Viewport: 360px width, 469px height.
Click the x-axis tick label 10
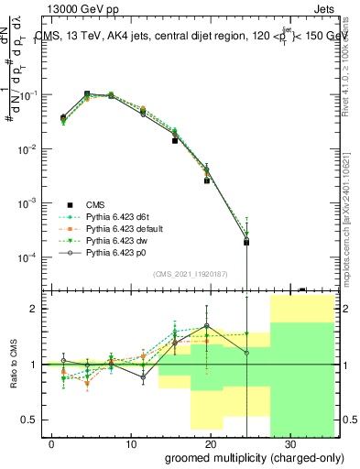[x=130, y=442]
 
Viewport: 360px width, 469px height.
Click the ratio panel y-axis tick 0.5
[x=31, y=420]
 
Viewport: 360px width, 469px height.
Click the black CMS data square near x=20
[x=207, y=180]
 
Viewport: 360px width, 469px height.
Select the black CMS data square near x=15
[x=174, y=141]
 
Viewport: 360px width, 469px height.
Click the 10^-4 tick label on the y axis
[x=30, y=257]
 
